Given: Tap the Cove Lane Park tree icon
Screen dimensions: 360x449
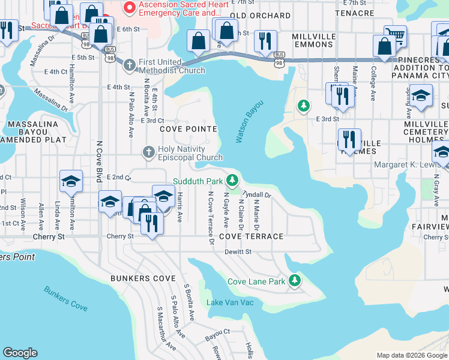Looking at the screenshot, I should coord(294,281).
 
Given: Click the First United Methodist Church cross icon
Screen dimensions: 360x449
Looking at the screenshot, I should coord(129,62).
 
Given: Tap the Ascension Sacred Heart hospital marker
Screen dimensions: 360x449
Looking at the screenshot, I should coord(128,8).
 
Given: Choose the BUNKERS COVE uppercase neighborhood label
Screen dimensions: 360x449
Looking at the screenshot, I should coord(143,279).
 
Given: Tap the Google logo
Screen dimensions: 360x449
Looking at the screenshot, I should coord(20,353).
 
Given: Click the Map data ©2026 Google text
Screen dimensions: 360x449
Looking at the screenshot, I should coord(411,355).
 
